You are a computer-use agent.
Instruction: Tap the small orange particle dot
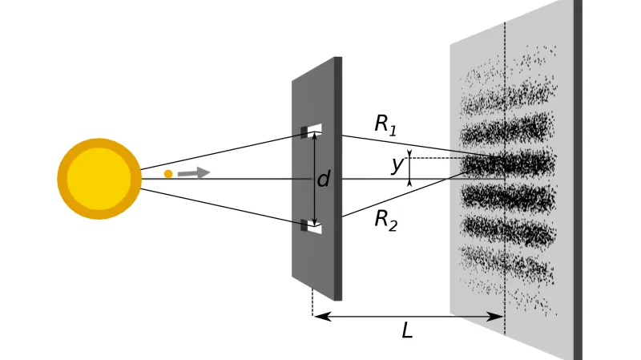pyautogui.click(x=168, y=173)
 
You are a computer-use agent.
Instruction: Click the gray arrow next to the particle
pyautogui.click(x=194, y=172)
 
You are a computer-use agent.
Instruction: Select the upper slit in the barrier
pyautogui.click(x=311, y=130)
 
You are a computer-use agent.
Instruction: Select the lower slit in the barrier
pyautogui.click(x=311, y=225)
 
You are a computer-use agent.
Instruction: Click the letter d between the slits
pyautogui.click(x=324, y=179)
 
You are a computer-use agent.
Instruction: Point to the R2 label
pyautogui.click(x=385, y=219)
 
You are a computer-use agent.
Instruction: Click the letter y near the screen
pyautogui.click(x=397, y=164)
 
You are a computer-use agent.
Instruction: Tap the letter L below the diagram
pyautogui.click(x=407, y=330)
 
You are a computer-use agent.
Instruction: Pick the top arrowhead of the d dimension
pyautogui.click(x=315, y=137)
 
